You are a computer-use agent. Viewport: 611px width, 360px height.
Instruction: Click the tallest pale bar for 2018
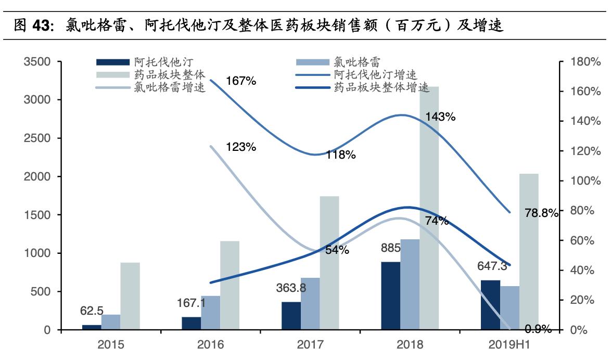429,208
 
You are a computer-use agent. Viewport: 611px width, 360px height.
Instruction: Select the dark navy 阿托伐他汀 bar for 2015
92,327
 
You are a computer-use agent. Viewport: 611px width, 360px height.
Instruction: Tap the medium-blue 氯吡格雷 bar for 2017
310,304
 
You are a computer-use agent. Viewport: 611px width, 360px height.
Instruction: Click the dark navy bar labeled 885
390,295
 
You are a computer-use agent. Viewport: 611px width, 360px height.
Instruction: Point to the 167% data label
241,81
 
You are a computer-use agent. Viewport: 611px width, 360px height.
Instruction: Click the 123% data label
241,147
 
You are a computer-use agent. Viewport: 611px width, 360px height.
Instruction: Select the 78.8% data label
541,212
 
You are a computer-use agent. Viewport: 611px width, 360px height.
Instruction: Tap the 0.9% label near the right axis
538,329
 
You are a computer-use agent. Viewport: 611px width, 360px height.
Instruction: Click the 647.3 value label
492,267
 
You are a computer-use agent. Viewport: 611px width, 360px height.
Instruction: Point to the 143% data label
440,117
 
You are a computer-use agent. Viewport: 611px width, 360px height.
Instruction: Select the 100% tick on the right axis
586,181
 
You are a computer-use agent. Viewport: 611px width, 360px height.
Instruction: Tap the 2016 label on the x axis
210,344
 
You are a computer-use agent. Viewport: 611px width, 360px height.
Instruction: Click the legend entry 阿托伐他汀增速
375,76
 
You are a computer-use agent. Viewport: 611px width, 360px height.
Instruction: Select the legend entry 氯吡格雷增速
169,87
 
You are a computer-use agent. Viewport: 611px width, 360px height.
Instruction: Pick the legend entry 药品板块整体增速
381,87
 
